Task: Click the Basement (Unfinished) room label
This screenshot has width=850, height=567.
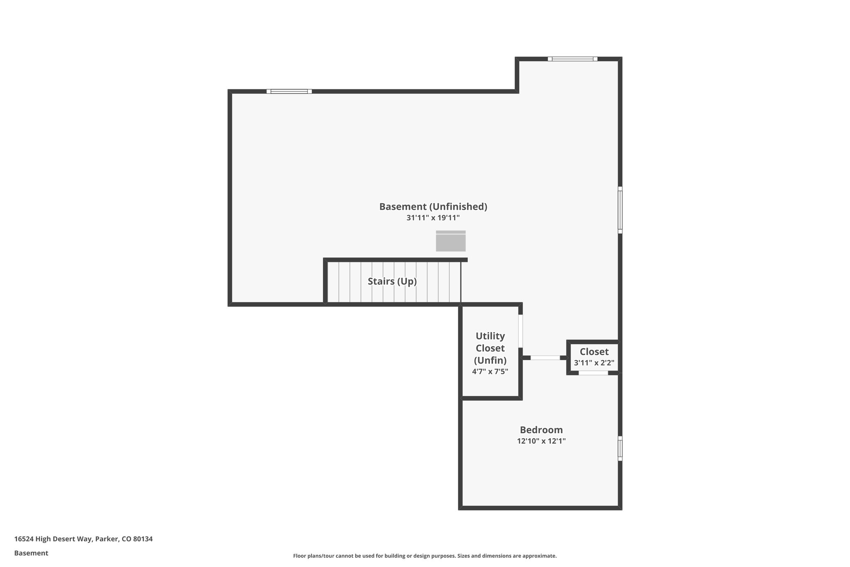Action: pyautogui.click(x=433, y=206)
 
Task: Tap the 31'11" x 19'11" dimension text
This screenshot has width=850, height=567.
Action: pyautogui.click(x=433, y=218)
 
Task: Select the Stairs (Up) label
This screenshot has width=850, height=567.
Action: pyautogui.click(x=392, y=281)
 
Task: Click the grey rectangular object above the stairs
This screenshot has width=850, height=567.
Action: pyautogui.click(x=450, y=241)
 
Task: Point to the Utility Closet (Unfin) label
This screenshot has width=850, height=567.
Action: pyautogui.click(x=490, y=348)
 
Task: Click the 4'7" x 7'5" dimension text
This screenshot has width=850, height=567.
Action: pyautogui.click(x=490, y=371)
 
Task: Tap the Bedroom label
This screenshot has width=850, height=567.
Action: pyautogui.click(x=541, y=430)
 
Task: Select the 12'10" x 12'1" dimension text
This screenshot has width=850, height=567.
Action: pyautogui.click(x=541, y=441)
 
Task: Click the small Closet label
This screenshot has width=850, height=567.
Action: pyautogui.click(x=594, y=352)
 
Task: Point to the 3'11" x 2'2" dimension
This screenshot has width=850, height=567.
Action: pyautogui.click(x=594, y=363)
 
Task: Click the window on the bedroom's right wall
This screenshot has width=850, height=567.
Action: pyautogui.click(x=620, y=448)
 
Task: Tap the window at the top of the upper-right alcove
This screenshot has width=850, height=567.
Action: pyautogui.click(x=572, y=59)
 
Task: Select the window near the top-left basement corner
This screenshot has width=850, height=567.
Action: pyautogui.click(x=289, y=91)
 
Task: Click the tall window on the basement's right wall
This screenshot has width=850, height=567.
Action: pyautogui.click(x=620, y=210)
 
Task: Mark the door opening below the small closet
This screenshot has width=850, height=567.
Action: pyautogui.click(x=593, y=373)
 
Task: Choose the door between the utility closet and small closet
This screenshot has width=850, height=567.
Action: pyautogui.click(x=545, y=358)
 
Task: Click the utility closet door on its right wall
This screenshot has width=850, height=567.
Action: pyautogui.click(x=520, y=331)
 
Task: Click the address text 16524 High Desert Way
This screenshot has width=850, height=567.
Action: pyautogui.click(x=83, y=539)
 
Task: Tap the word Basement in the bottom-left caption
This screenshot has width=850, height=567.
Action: pyautogui.click(x=31, y=553)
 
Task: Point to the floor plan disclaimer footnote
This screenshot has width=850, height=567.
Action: pyautogui.click(x=425, y=556)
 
